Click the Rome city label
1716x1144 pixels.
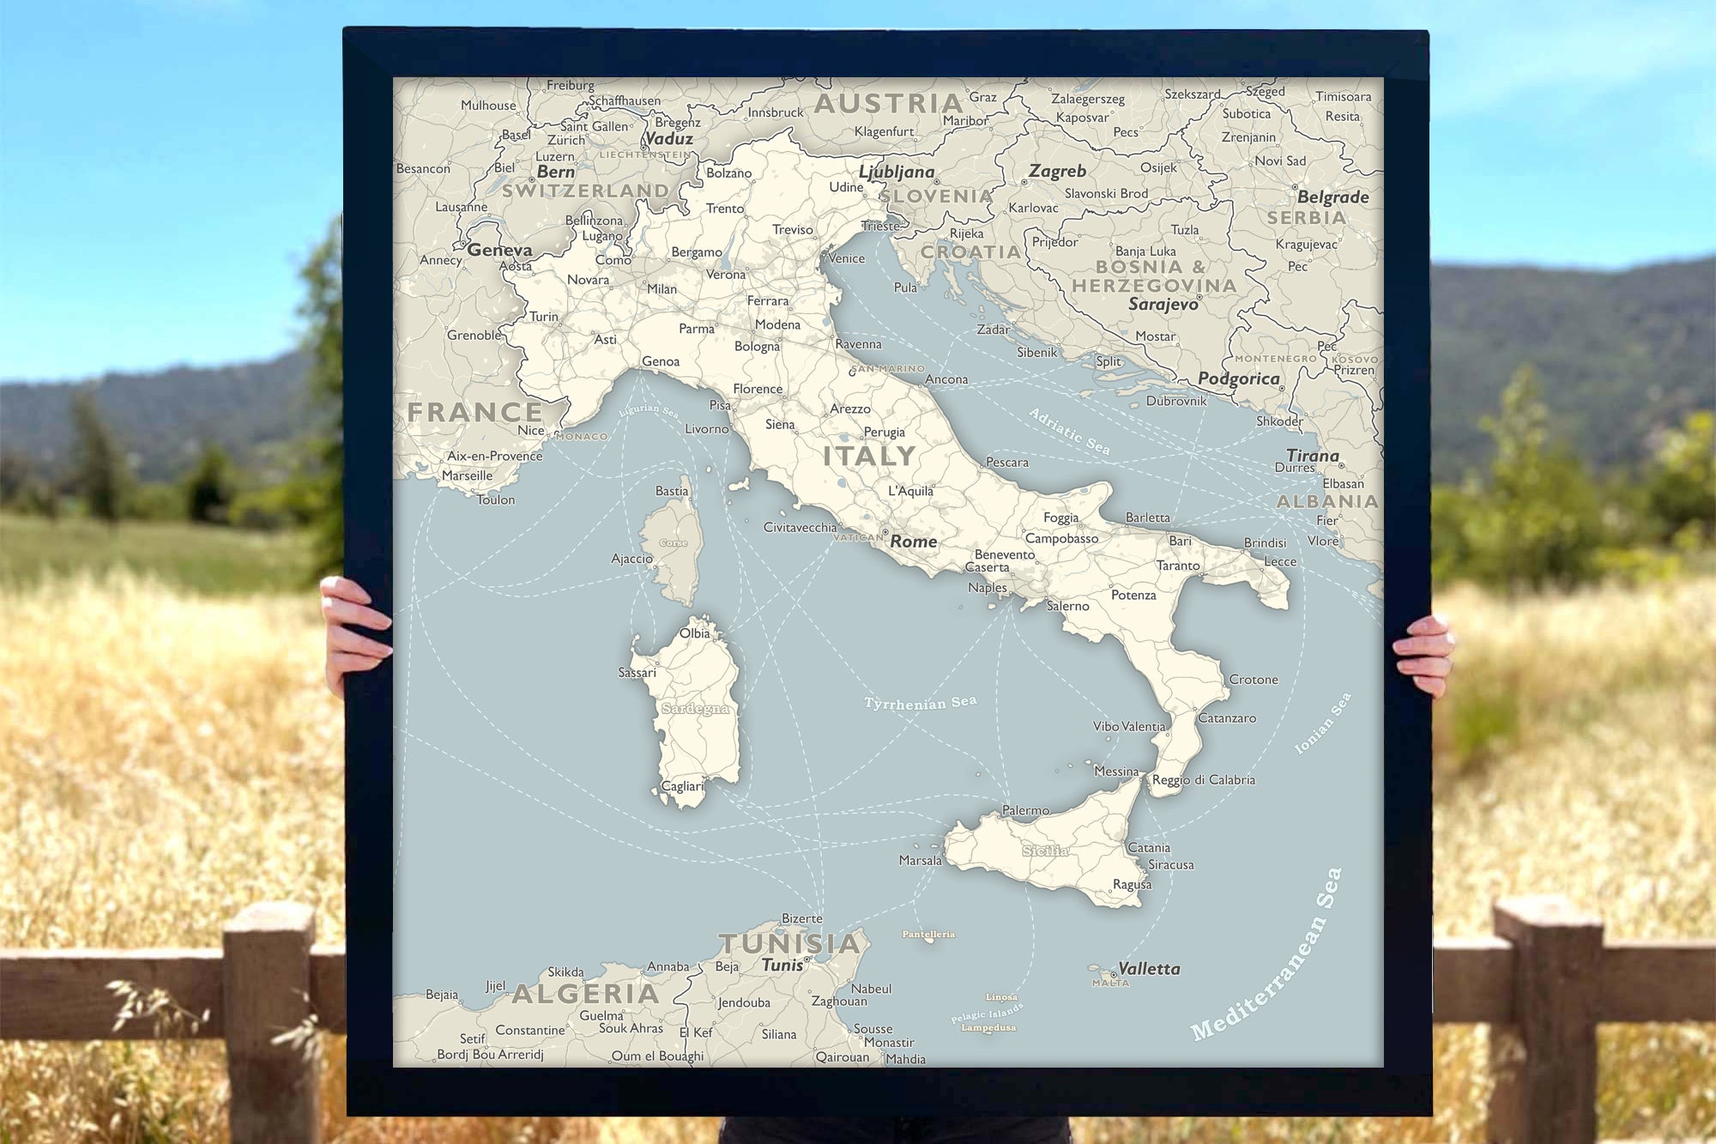pos(913,542)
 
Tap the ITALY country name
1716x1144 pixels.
pos(869,456)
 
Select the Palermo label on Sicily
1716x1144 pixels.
pos(1025,810)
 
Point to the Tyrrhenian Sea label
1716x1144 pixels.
pos(920,703)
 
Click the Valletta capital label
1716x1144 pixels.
pos(1149,969)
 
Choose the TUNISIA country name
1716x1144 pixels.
pos(789,943)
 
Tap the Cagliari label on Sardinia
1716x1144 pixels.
pos(682,786)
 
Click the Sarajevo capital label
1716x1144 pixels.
pos(1163,304)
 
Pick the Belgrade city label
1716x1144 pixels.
pos(1332,197)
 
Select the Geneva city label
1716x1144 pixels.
pos(499,251)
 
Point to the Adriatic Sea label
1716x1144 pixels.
pos(1069,431)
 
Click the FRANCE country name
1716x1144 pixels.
pos(474,412)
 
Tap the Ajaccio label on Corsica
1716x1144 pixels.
pos(632,559)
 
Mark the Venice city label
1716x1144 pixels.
pos(847,258)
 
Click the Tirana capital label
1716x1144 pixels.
pos(1312,456)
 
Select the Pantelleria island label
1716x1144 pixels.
pos(928,934)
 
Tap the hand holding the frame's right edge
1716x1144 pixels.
pos(1425,652)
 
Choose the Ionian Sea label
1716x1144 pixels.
pos(1322,723)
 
